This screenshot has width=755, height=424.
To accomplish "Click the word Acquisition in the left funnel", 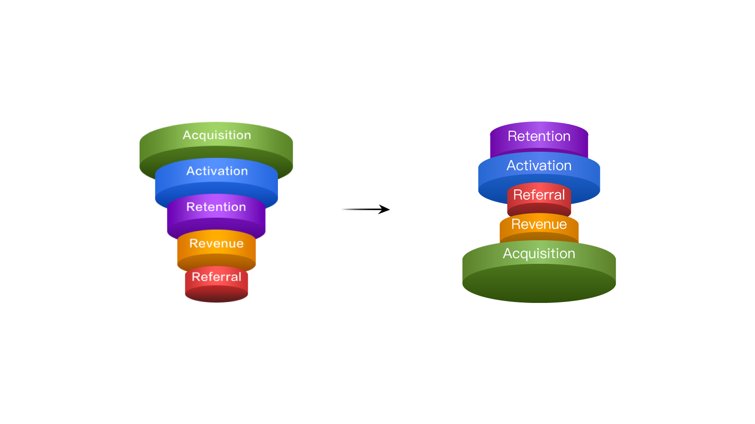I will pos(217,135).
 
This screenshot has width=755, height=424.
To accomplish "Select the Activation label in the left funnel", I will pos(217,171).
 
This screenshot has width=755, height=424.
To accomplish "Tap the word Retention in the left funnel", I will pos(216,207).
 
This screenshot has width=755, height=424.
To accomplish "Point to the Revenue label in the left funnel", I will pos(216,244).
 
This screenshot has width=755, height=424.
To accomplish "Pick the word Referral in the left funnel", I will pos(216,277).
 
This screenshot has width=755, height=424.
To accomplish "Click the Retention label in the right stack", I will pos(539,136).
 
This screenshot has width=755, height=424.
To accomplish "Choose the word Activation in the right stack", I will pos(539,165).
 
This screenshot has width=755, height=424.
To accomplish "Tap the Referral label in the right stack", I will pos(539,195).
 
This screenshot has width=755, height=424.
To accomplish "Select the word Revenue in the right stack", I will pos(539,224).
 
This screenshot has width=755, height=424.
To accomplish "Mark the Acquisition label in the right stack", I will pos(539,253).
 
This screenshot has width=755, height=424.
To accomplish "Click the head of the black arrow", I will pos(385,209).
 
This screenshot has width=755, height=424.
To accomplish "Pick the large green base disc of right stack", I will pos(539,280).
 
